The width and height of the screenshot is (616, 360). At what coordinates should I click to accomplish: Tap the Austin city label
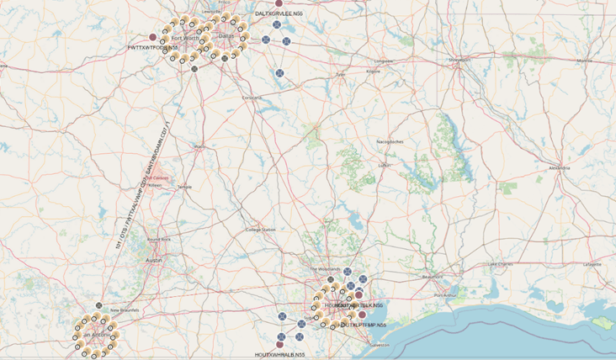(154, 261)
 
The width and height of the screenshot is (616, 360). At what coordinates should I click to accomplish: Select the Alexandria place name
(558, 168)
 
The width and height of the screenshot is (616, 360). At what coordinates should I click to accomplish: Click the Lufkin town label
(385, 166)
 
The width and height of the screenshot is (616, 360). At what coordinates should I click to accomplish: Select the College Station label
(260, 230)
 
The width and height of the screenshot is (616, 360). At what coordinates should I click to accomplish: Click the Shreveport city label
(459, 60)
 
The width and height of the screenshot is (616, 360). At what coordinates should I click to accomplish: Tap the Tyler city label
(340, 74)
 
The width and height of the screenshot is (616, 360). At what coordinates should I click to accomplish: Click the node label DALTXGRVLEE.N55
(279, 14)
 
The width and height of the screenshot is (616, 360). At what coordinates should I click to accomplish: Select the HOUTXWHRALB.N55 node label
(280, 354)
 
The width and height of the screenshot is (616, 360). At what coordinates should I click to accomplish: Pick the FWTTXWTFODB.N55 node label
(152, 48)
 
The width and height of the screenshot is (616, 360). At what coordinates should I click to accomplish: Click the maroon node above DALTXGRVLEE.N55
(279, 3)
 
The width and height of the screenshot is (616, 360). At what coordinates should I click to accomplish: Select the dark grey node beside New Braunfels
(98, 305)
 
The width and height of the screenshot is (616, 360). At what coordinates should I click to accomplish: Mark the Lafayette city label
(592, 263)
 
